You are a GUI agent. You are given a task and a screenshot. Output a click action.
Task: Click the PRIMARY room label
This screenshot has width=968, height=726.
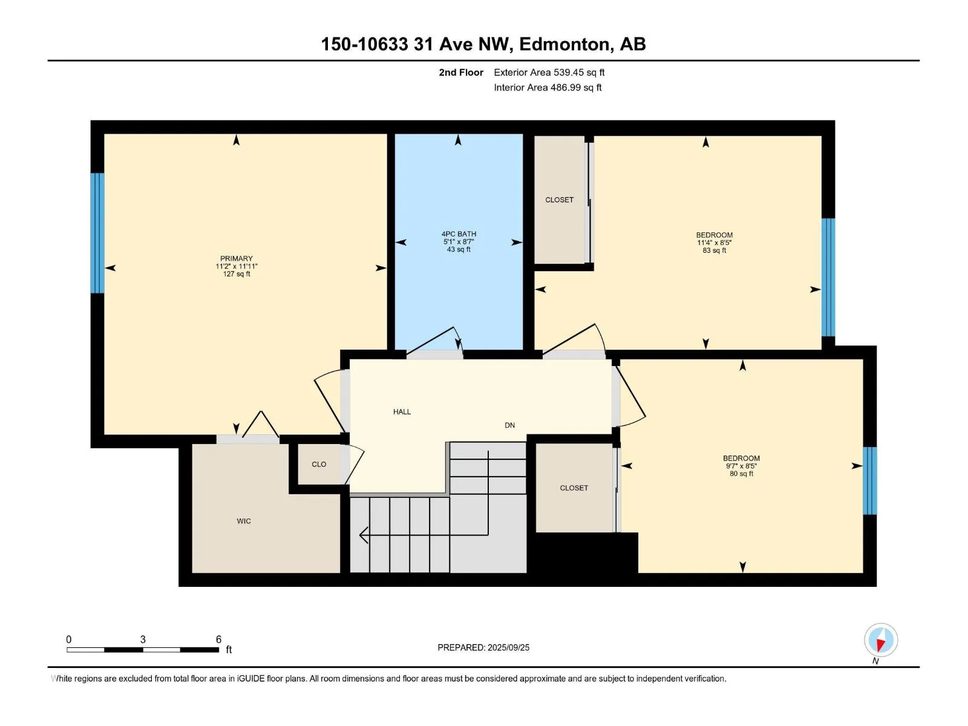[237, 258]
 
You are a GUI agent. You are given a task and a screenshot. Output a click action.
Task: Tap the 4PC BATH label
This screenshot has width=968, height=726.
[459, 234]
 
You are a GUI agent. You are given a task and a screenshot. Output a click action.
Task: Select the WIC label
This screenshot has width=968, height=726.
[243, 521]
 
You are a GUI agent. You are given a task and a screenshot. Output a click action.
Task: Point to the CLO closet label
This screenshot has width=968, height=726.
[319, 464]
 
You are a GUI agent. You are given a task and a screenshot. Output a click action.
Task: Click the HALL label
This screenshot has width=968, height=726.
[402, 412]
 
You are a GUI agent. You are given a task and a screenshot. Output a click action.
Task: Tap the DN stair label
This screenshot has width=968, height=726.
[510, 425]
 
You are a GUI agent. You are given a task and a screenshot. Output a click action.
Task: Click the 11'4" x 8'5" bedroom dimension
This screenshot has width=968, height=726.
[715, 243]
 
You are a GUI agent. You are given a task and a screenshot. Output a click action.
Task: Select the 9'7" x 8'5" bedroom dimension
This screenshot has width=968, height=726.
[741, 466]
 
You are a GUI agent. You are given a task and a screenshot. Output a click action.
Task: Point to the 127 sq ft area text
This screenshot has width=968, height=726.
[237, 273]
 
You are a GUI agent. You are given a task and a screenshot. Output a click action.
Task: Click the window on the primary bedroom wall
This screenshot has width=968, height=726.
[97, 233]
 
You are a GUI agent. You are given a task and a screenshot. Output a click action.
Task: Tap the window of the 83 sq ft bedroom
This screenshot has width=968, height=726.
[828, 277]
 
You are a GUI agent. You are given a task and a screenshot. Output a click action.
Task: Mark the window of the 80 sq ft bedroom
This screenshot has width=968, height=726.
[869, 481]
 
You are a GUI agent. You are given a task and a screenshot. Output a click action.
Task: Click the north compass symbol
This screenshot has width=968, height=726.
[881, 639]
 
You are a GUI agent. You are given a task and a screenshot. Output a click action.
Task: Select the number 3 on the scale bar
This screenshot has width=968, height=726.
[143, 639]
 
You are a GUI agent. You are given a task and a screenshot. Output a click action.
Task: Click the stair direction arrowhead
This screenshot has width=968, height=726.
[364, 535]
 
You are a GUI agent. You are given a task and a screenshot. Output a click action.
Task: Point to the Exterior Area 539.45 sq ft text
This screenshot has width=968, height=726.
[549, 72]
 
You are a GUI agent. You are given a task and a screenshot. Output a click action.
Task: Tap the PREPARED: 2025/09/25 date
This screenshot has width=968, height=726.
[483, 647]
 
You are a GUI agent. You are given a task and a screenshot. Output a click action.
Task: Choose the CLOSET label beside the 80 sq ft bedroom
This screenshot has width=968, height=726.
[574, 488]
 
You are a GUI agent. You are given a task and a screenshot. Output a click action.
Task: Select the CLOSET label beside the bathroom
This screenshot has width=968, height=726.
[559, 200]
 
